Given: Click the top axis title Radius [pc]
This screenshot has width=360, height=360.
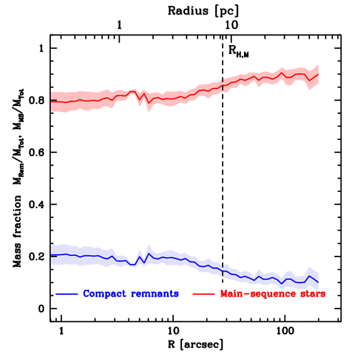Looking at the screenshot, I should coord(203,11).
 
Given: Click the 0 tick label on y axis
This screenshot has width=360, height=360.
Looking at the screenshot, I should coord(41,309).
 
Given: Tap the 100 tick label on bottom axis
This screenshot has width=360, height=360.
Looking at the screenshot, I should coord(284,332).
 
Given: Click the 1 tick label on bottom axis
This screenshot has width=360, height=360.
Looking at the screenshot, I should coord(62,332).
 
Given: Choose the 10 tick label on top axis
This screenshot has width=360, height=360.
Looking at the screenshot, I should coord(231,25).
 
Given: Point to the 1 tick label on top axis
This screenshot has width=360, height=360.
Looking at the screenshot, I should coord(120,25).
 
